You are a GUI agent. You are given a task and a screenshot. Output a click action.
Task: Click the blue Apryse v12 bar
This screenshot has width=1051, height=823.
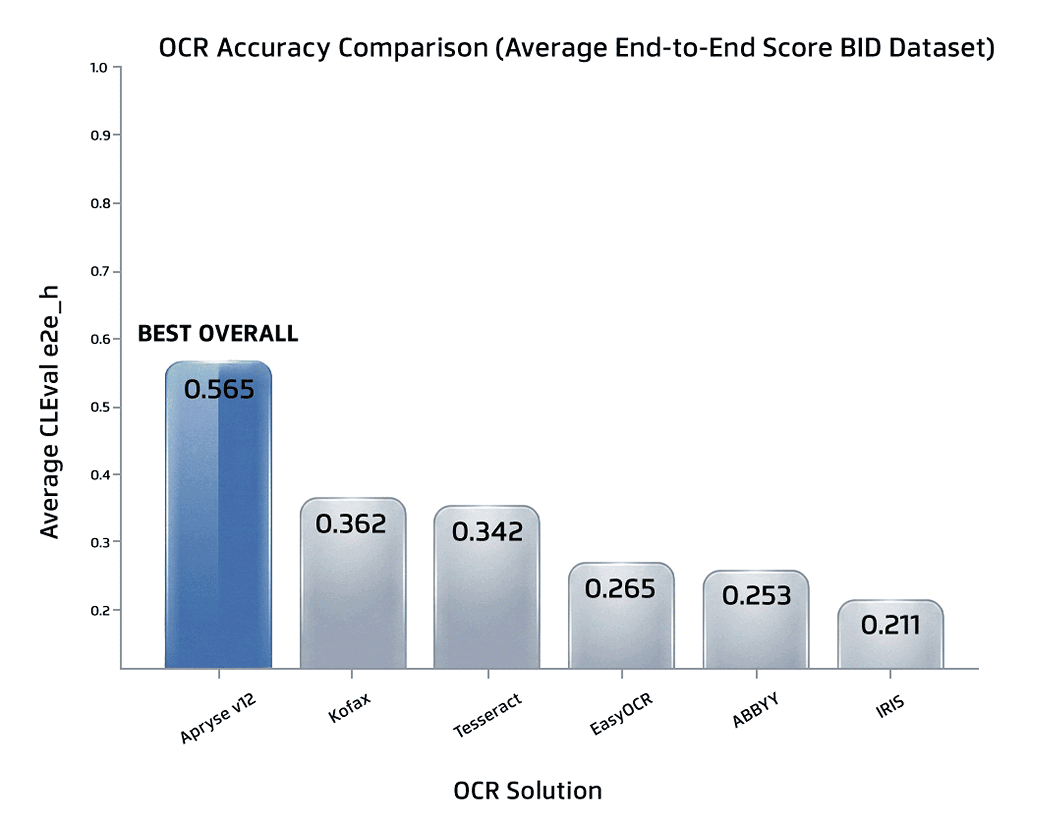click(218, 514)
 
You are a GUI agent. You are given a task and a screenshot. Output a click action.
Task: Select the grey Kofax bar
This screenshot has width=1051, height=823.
click(353, 583)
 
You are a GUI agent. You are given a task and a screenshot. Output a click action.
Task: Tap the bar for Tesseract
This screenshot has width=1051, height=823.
click(486, 586)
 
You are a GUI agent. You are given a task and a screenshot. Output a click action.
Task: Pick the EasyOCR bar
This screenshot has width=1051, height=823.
click(621, 615)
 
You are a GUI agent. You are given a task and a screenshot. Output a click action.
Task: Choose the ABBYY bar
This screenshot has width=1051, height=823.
click(756, 619)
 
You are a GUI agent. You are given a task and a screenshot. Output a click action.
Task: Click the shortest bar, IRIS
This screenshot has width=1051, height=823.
click(890, 634)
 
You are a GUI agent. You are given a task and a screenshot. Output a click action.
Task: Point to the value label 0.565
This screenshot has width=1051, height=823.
click(219, 389)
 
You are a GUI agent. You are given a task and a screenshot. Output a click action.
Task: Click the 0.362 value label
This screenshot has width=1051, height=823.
click(351, 524)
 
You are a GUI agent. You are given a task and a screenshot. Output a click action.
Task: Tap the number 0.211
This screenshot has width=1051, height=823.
click(890, 625)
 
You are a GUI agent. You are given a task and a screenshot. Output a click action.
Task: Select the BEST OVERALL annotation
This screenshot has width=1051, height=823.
click(218, 334)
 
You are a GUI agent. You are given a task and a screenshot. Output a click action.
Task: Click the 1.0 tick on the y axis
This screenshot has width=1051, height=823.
click(99, 68)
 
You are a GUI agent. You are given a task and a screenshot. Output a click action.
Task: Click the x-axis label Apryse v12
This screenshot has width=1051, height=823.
click(218, 718)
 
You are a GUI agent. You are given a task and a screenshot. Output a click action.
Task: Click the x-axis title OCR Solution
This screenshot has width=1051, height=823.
click(528, 791)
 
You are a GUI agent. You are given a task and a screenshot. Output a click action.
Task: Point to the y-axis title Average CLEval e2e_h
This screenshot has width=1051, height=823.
click(50, 412)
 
